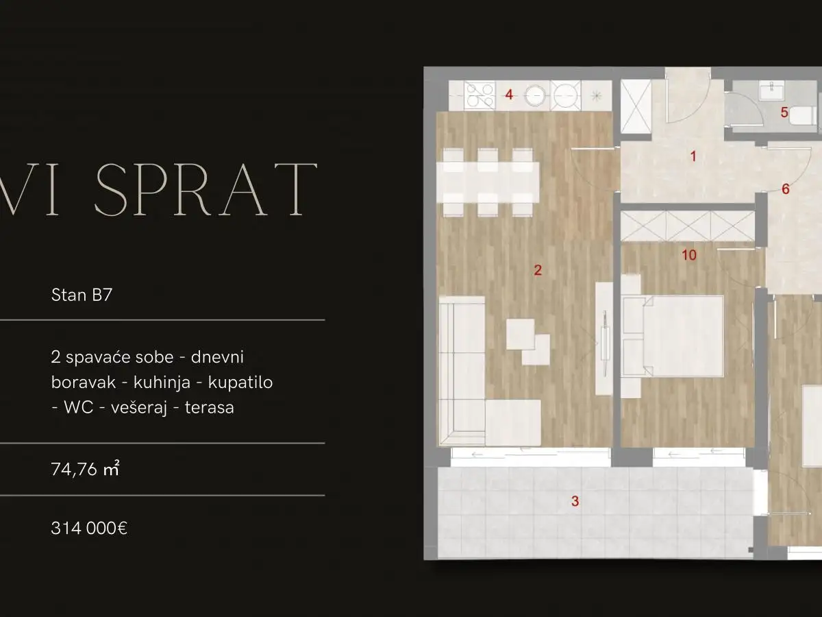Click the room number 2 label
(538, 270)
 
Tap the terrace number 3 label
(575, 501)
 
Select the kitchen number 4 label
(509, 95)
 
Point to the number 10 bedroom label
(689, 256)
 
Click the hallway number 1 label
(693, 156)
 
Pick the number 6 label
(786, 189)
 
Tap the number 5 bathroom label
(785, 112)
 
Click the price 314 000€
(89, 528)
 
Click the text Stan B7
(82, 295)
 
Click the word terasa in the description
(210, 407)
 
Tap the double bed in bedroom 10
(674, 336)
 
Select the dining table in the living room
(488, 183)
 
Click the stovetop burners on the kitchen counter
(479, 95)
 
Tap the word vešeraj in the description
(138, 407)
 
